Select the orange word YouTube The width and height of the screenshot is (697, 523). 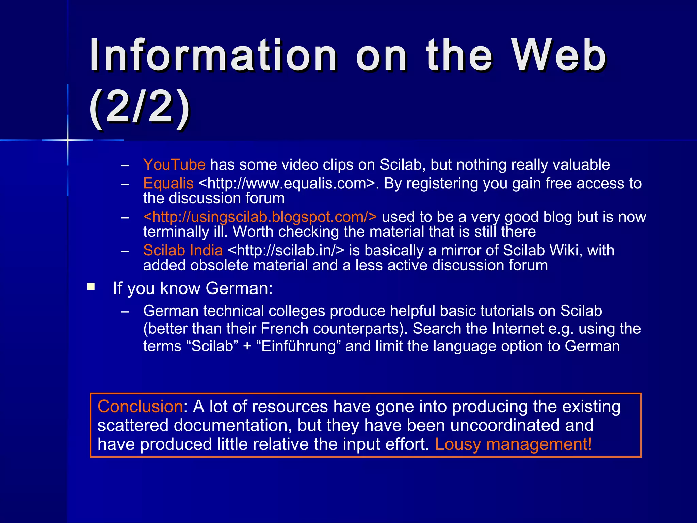[x=174, y=165]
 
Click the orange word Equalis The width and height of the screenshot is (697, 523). [x=168, y=184]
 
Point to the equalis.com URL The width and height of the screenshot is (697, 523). [x=287, y=184]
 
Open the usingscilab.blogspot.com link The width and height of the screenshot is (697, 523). [x=260, y=217]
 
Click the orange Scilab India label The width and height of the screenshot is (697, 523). [x=183, y=251]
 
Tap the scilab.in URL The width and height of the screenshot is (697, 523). [x=286, y=251]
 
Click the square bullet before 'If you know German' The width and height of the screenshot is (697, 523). [x=91, y=286]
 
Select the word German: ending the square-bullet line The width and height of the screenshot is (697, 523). [x=239, y=288]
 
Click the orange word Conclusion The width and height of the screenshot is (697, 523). [x=140, y=407]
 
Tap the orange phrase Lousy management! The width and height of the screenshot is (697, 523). [x=513, y=444]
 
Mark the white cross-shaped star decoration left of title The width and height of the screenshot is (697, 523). [x=68, y=140]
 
